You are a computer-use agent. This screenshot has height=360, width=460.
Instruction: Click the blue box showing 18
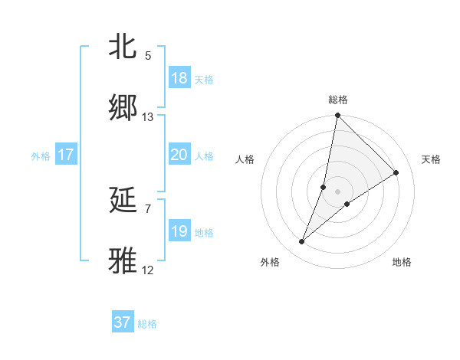coord(179,78)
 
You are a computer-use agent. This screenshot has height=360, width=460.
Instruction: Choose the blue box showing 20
coord(179,155)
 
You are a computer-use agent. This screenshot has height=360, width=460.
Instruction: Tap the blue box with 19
coord(179,231)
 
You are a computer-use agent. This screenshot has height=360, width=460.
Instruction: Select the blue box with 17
coord(66,155)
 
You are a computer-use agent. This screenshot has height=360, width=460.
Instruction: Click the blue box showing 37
coord(123,322)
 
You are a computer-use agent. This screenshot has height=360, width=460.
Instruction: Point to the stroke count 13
coord(148,117)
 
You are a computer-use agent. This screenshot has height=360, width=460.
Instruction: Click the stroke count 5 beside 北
coord(148,56)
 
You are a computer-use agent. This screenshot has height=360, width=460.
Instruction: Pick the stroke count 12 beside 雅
coord(148,270)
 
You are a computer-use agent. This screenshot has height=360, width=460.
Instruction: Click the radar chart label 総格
coord(338,100)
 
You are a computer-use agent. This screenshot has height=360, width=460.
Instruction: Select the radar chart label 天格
coord(432,159)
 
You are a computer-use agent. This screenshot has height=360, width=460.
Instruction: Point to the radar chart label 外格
coord(269,262)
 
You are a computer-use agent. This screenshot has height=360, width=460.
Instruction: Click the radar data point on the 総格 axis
coord(337,116)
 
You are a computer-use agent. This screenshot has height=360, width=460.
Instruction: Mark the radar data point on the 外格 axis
coord(301,242)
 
